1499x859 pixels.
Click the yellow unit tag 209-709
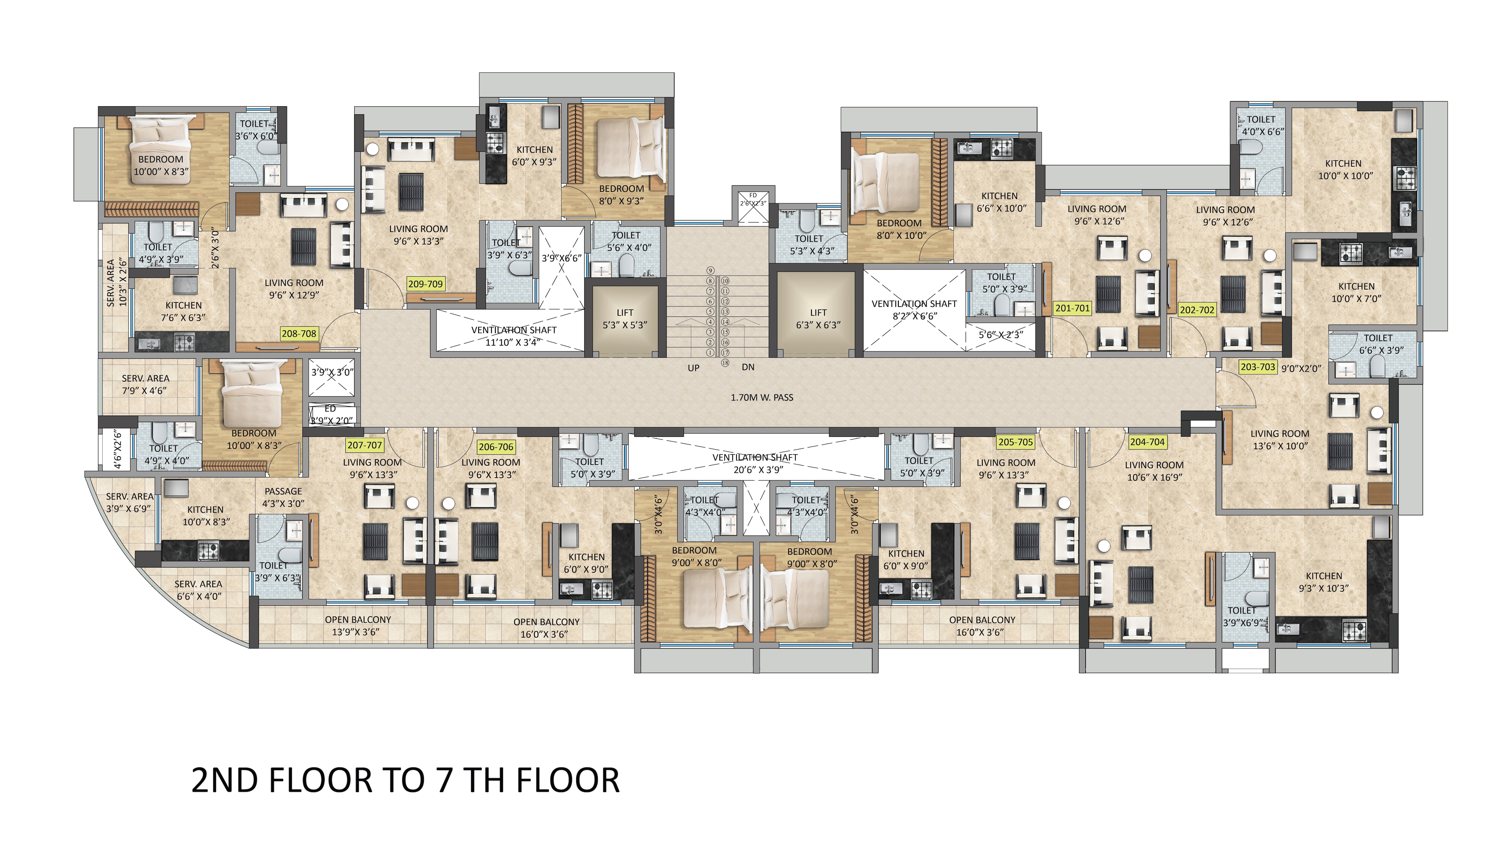pos(425,284)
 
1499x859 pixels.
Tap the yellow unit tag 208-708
pos(299,333)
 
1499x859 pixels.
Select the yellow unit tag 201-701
pos(1072,308)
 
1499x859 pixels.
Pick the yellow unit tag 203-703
pos(1258,366)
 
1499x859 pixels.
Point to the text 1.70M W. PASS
pos(762,398)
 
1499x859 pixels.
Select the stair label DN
pos(748,367)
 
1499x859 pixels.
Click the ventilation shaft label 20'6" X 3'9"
pos(758,470)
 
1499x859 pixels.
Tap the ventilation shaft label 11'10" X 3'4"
pos(513,342)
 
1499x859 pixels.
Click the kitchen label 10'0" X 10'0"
pos(1346,176)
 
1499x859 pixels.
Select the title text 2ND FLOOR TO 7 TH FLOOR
pos(405,780)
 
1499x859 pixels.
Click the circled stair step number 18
pos(725,363)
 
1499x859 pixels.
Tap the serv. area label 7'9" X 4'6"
pos(145,391)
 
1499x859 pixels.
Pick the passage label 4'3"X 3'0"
pos(283,503)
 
